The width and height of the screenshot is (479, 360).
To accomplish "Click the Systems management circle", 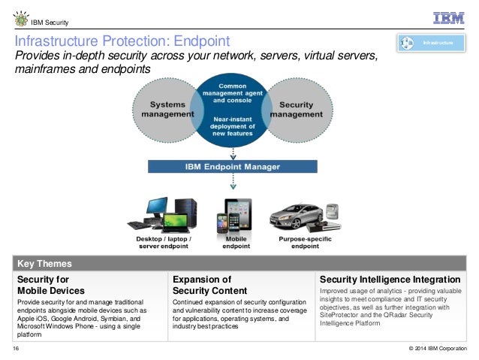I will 162,110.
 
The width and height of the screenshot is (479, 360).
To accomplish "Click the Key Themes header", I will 44,264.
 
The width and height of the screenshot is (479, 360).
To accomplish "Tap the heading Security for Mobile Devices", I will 51,285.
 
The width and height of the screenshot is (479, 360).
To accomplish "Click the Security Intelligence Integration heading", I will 390,279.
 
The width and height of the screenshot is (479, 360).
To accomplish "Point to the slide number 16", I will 16,349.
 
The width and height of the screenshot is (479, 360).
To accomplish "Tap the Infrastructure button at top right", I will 432,44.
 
